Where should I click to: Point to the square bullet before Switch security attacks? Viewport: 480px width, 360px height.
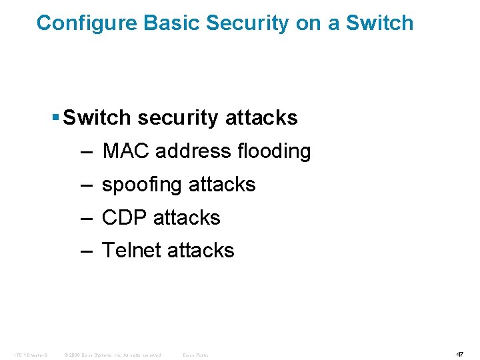55,117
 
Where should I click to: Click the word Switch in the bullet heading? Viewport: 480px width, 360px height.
97,118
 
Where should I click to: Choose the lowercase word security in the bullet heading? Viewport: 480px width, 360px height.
179,119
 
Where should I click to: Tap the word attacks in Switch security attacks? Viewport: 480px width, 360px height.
262,118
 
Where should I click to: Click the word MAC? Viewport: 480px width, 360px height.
127,151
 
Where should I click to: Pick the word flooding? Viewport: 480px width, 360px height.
274,151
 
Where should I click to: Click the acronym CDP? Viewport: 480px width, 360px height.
124,217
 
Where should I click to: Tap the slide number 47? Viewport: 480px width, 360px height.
459,354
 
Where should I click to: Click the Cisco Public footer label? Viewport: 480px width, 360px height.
196,355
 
